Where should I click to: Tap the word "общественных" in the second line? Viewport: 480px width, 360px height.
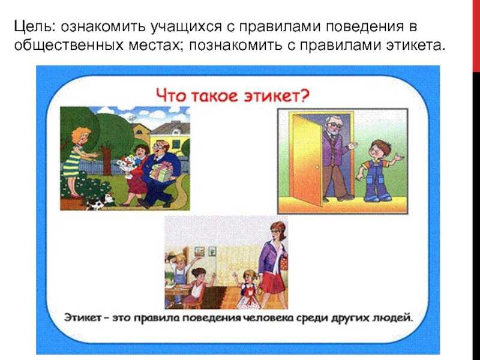pyautogui.click(x=68, y=45)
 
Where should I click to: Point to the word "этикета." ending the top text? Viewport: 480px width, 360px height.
pyautogui.click(x=415, y=45)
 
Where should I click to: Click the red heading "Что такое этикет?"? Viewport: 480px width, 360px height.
pyautogui.click(x=233, y=95)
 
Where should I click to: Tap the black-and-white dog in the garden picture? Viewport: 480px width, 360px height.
pyautogui.click(x=100, y=202)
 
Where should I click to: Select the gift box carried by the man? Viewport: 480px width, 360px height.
pyautogui.click(x=161, y=172)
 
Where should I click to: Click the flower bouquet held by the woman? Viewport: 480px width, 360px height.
pyautogui.click(x=127, y=166)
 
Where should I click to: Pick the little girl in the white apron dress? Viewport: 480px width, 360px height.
pyautogui.click(x=247, y=289)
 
